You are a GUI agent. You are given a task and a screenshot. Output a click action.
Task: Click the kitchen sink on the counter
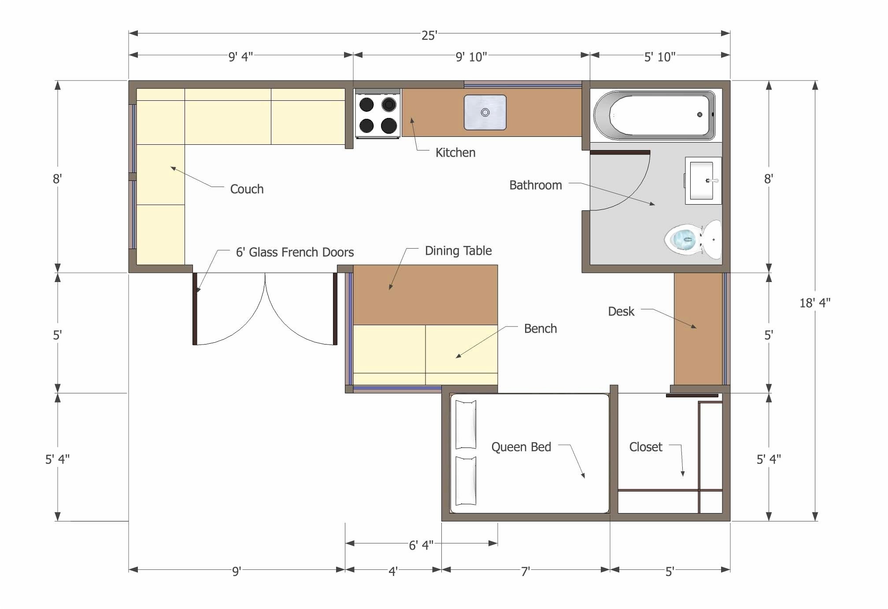pos(485,112)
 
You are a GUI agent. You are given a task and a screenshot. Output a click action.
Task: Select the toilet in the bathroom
pos(692,240)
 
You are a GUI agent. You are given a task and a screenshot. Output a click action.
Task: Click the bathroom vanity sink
pos(702,180)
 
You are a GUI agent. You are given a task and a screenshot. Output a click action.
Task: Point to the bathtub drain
pos(699,114)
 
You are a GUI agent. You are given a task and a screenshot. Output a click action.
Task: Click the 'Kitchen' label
pos(455,153)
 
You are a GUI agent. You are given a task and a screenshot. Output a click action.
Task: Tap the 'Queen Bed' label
pos(521,447)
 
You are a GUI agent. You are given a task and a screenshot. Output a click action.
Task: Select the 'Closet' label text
pos(645,447)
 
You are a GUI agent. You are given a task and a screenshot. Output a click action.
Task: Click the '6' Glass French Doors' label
pos(295,252)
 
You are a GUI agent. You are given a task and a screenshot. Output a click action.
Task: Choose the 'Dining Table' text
pos(458,251)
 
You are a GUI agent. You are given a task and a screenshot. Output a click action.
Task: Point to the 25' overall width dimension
pos(429,35)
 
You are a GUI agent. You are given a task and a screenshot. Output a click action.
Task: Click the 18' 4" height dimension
pos(814,303)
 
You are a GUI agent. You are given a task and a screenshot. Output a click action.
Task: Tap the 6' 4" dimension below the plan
pos(421,545)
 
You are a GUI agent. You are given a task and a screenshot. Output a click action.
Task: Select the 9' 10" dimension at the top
pos(471,57)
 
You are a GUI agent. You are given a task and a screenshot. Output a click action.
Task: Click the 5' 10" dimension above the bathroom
pos(659,57)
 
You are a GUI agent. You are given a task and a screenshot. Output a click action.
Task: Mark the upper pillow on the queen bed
pos(466,424)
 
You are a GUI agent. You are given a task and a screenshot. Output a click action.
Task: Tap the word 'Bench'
pos(540,329)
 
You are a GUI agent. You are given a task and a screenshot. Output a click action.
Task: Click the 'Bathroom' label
pos(535,185)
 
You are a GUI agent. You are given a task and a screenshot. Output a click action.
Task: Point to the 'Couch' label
pos(247,189)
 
